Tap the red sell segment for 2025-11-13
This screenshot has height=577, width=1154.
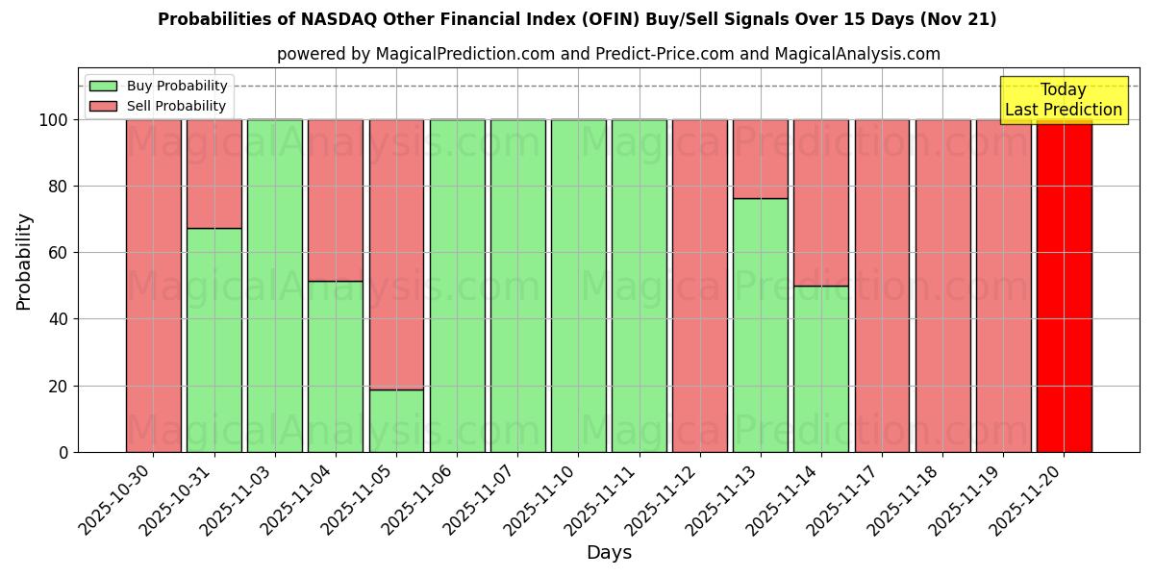click(x=760, y=159)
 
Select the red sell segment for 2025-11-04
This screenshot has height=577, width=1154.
click(x=336, y=200)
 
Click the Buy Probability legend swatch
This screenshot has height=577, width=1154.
click(x=103, y=86)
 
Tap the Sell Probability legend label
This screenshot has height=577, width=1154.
click(x=176, y=106)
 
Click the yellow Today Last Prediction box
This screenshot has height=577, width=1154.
click(x=1063, y=100)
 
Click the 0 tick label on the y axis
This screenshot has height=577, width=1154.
click(x=63, y=452)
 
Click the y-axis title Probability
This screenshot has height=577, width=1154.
click(x=24, y=261)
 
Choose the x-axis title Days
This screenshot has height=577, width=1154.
click(x=609, y=553)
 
